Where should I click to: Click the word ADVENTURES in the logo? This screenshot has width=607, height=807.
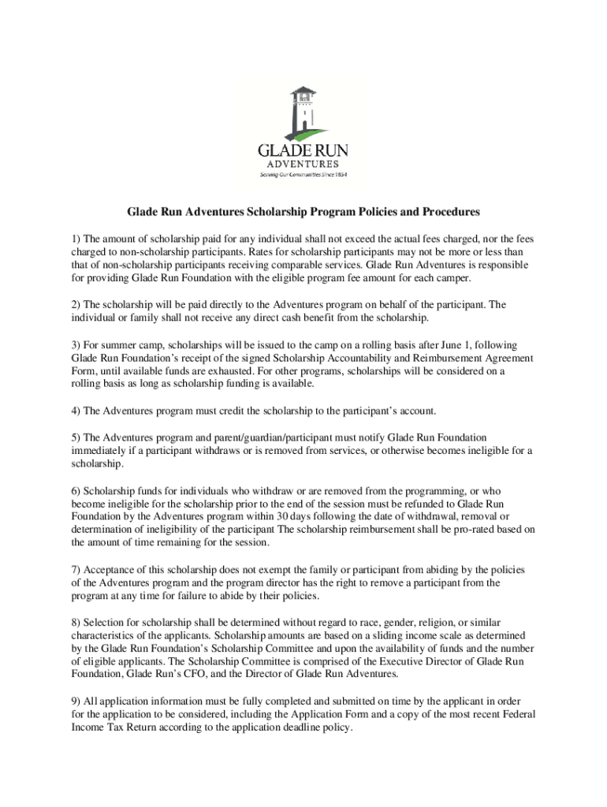[303, 164]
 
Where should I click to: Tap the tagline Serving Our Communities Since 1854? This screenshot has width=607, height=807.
[303, 175]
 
